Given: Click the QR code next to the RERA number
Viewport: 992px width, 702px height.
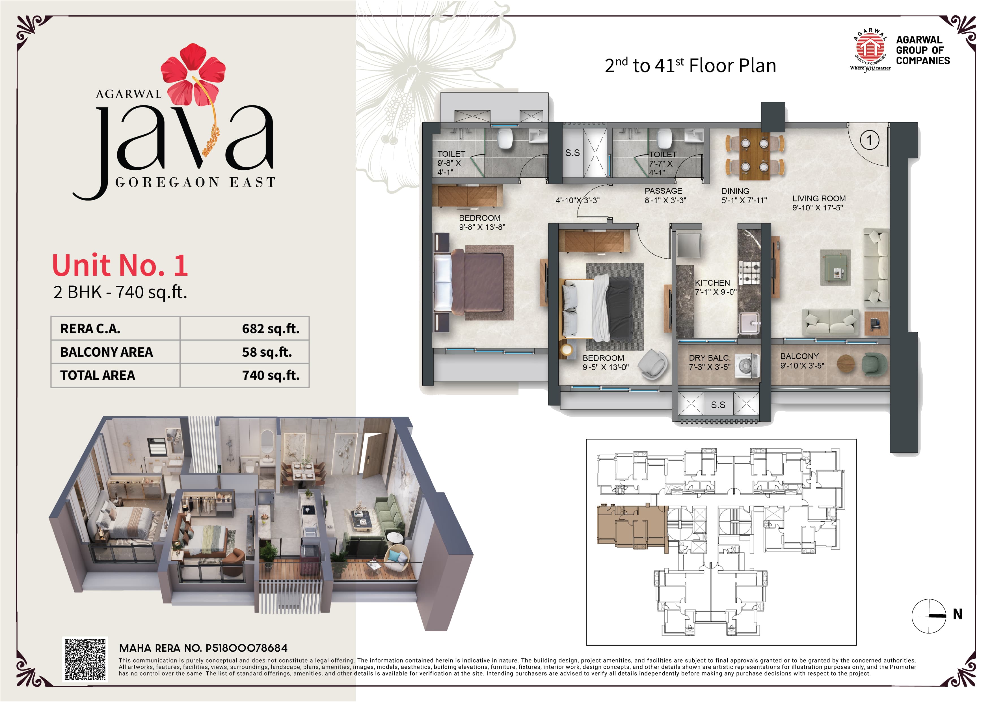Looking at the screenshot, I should [85, 659].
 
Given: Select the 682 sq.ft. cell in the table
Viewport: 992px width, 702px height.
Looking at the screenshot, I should [271, 329].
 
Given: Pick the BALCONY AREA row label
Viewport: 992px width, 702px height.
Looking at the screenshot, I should [106, 352].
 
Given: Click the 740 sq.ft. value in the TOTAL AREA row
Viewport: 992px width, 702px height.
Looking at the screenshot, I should [271, 375].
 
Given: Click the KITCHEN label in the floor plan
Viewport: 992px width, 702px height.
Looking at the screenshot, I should [712, 283].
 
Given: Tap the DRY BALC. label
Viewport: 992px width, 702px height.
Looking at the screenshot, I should [709, 358].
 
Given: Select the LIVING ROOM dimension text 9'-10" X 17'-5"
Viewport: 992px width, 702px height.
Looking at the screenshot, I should [818, 208].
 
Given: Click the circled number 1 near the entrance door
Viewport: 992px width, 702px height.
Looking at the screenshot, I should [869, 140].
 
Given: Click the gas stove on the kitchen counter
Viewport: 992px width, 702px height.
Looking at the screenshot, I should [749, 273].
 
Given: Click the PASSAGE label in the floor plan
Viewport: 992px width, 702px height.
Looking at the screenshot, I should [663, 191].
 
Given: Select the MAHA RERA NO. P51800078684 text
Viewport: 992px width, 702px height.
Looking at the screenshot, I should [203, 648].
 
